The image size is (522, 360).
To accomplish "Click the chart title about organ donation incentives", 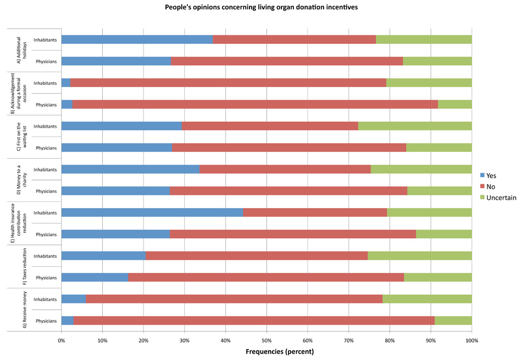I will click(261, 7).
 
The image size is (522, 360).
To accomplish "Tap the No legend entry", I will click(494, 186).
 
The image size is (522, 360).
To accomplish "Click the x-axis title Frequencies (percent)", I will click(279, 351).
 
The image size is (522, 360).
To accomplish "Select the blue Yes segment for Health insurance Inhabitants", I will click(152, 212).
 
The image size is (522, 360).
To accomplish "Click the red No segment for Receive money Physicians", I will click(254, 320).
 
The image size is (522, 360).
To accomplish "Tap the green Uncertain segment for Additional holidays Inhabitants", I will click(423, 39).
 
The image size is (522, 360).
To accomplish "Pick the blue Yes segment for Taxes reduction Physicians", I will click(94, 277).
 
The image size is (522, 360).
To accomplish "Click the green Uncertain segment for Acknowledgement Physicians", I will click(455, 104).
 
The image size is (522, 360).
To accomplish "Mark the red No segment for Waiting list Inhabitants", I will click(270, 126).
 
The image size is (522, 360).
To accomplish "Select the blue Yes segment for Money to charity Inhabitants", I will click(130, 169).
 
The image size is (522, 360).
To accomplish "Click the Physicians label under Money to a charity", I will click(46, 191).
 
